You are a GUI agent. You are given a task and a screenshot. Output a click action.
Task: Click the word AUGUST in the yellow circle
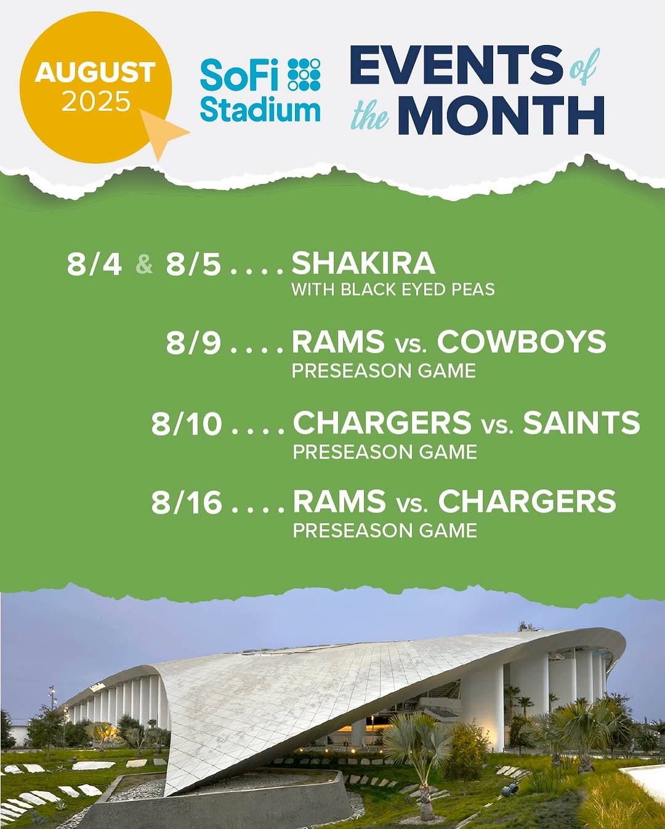[x=95, y=72]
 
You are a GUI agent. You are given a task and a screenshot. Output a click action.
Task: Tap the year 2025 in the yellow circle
[x=96, y=101]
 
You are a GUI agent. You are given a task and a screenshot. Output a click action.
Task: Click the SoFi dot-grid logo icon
[x=304, y=75]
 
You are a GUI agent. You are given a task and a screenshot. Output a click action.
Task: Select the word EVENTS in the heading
[x=456, y=68]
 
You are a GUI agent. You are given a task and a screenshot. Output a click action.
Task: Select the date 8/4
[x=94, y=264]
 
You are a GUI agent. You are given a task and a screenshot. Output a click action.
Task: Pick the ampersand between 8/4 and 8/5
[x=145, y=265]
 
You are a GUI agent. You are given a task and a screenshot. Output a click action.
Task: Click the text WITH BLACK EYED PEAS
[x=393, y=289]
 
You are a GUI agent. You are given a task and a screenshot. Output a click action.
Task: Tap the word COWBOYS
[x=522, y=342]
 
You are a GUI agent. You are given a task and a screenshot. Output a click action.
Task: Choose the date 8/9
[x=193, y=343]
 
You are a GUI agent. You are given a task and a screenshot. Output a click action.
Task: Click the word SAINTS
[x=581, y=423]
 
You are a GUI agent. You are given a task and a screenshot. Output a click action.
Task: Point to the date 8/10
[x=187, y=424]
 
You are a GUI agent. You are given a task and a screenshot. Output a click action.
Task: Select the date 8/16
[x=187, y=503]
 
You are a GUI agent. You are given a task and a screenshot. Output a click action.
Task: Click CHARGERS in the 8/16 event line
[x=527, y=501]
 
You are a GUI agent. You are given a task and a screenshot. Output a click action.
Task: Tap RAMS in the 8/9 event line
[x=338, y=342]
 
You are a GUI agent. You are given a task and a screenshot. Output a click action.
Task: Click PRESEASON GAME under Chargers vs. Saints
[x=385, y=452]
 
